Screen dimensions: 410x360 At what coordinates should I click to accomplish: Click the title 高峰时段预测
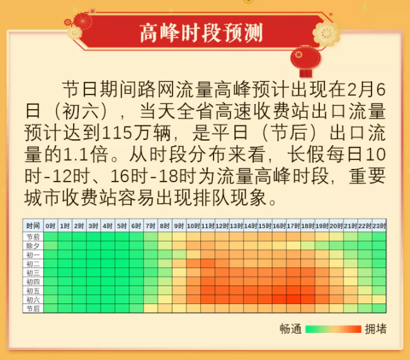201,33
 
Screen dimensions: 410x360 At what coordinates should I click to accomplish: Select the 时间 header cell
33,226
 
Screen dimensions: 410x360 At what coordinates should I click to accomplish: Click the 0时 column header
51,226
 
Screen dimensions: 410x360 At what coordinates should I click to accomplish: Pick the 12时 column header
222,226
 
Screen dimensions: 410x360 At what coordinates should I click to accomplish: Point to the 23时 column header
379,226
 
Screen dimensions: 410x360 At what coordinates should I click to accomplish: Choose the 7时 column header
151,226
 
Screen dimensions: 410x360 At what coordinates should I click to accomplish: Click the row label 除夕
33,246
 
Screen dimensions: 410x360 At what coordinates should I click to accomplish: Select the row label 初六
33,299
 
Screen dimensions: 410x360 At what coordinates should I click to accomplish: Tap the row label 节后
33,308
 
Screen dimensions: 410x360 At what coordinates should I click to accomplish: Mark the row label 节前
33,237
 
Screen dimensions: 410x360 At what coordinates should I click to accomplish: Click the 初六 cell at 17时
293,299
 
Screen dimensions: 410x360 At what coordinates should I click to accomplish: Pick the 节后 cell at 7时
151,308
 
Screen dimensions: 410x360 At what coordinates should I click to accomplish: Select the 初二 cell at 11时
208,264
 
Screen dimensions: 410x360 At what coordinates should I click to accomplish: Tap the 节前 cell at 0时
51,237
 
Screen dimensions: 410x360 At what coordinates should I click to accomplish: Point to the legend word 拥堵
376,329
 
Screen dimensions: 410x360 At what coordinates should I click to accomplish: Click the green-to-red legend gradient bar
333,329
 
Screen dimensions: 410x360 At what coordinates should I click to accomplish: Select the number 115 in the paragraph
117,133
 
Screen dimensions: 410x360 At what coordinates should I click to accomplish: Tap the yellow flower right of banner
327,34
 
